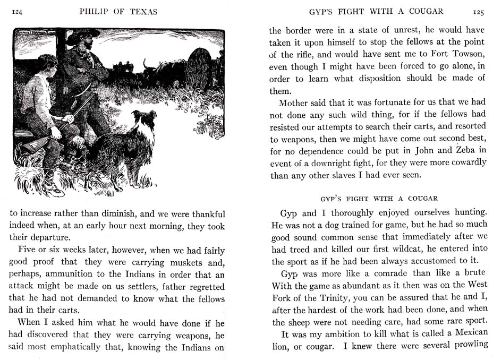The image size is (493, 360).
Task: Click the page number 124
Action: (x=20, y=11)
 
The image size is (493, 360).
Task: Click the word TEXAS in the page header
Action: (x=142, y=11)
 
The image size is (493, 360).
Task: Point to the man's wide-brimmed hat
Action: (x=84, y=35)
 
